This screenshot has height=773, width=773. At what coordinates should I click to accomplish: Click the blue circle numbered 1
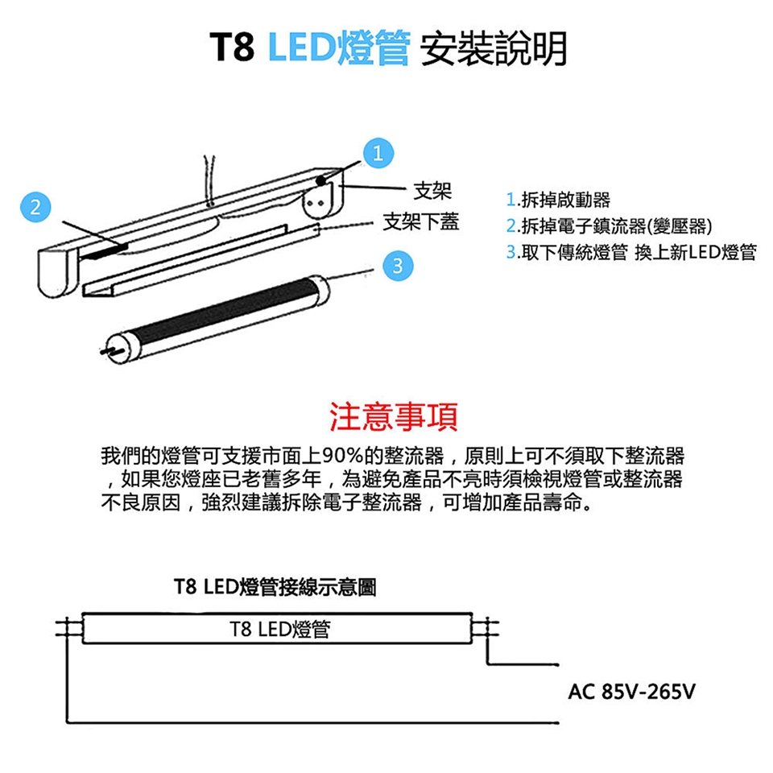pos(378,153)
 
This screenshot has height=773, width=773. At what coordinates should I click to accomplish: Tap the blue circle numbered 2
pos(35,207)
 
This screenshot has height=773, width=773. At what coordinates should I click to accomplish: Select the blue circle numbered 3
pos(398,266)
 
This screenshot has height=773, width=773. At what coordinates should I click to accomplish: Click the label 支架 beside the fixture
pos(432,191)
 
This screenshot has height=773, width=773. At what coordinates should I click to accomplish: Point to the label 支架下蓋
pos(421,222)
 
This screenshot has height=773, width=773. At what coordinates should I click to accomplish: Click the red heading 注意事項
pos(394,417)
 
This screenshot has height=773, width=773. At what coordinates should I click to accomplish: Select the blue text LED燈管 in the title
pos(339,48)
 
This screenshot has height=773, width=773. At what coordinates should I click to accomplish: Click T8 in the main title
pos(233,48)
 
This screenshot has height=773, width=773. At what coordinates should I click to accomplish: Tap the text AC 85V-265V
pos(631,692)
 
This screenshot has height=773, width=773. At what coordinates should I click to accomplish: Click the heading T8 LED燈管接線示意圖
pos(275,587)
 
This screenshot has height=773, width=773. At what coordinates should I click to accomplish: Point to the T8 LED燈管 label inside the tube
pos(279,629)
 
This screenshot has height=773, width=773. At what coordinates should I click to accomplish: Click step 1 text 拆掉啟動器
pos(558,200)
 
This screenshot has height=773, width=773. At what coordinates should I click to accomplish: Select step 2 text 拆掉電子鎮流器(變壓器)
pos(610,225)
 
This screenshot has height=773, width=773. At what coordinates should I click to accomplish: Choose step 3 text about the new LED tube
pos(631,252)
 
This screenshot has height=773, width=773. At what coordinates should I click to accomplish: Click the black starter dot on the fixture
pos(321,180)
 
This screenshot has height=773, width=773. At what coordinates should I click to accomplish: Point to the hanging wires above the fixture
pos(209,180)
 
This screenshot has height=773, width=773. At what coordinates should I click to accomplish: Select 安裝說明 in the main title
pos(493,48)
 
